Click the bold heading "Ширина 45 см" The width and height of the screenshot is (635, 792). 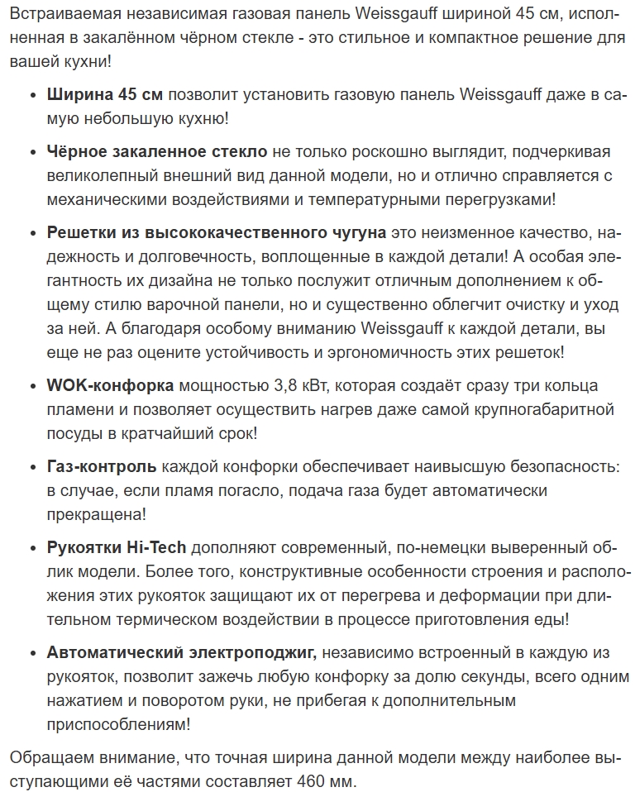point(104,96)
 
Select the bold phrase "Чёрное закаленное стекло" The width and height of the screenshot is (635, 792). point(157,152)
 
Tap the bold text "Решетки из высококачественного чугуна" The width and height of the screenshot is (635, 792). point(217,233)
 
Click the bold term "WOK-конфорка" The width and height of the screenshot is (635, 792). point(110,386)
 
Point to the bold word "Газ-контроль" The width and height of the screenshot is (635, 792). point(103,467)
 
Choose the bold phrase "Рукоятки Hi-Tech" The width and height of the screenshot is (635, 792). point(117,548)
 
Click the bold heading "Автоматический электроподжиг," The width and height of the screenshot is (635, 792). point(182,653)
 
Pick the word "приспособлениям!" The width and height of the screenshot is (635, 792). point(119,724)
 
